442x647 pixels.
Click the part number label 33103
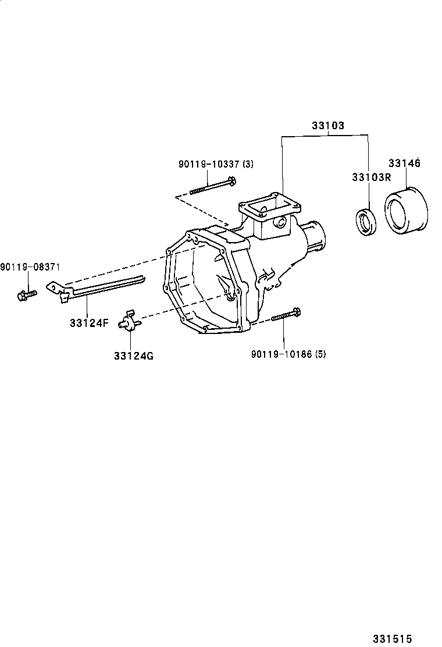pos(327,126)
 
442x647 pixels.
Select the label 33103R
pos(370,177)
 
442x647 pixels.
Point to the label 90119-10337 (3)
pos(216,165)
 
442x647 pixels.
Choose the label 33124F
pos(89,323)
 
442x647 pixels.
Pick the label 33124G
pos(134,356)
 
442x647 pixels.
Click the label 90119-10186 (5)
pos(288,353)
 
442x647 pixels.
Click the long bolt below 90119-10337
pos(212,186)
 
